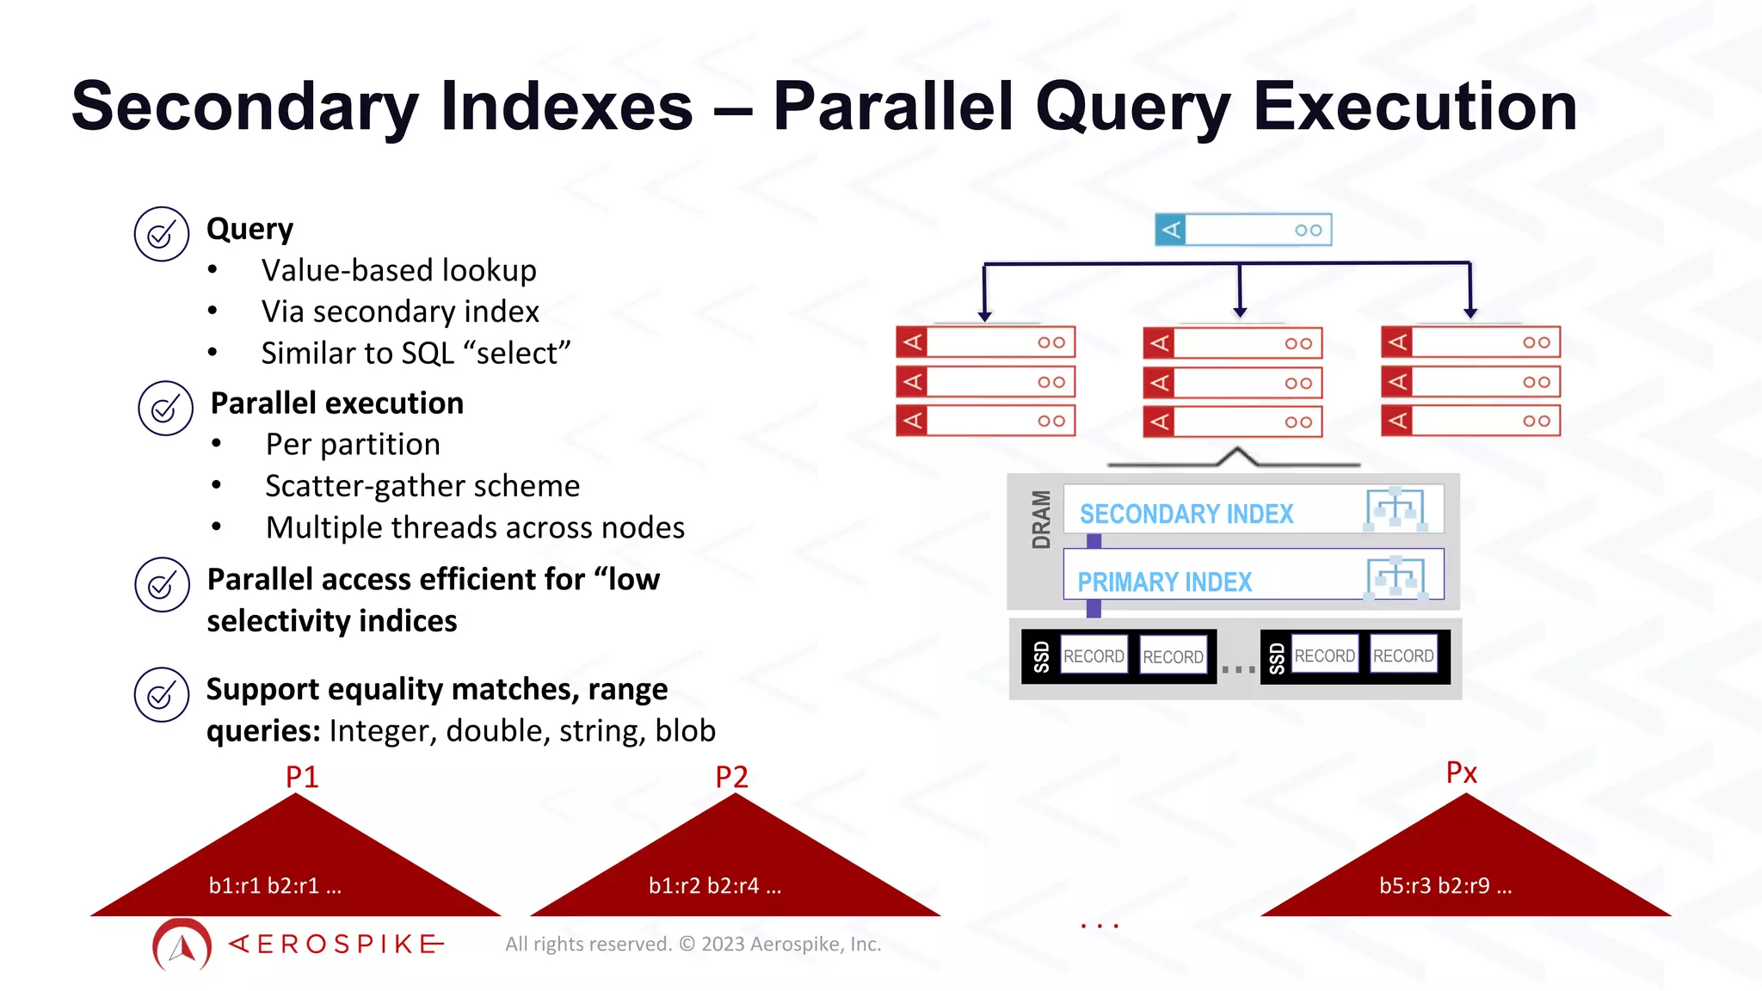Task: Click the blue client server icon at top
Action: click(1242, 230)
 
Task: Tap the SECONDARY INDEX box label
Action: click(1186, 514)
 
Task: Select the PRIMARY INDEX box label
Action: click(1164, 582)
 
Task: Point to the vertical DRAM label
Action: click(1041, 520)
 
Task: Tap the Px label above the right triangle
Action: click(1461, 772)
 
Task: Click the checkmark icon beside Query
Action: click(161, 234)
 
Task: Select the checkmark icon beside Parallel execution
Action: click(165, 409)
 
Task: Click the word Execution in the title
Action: click(1414, 107)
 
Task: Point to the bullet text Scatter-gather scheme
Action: click(422, 486)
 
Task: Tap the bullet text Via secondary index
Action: click(400, 311)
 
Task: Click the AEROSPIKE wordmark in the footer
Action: click(337, 945)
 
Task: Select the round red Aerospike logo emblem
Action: click(182, 945)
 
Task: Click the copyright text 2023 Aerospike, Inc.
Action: click(791, 945)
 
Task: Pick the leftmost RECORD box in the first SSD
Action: click(1094, 656)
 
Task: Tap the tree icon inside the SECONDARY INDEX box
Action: click(1395, 509)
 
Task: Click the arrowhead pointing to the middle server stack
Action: click(1240, 312)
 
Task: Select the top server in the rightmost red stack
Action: click(1470, 342)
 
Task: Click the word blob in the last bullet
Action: click(685, 730)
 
